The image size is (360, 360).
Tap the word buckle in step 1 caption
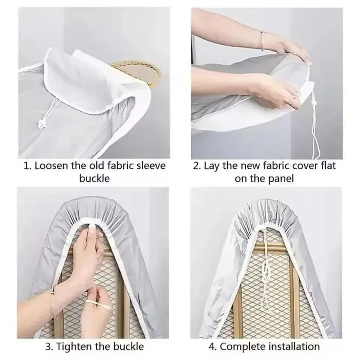[x=94, y=178]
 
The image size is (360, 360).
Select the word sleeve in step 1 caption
[x=151, y=166]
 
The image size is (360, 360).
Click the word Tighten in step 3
[x=74, y=346]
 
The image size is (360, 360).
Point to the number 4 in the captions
[x=211, y=346]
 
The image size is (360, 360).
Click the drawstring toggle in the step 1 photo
[x=41, y=124]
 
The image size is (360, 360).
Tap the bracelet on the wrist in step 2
[x=262, y=40]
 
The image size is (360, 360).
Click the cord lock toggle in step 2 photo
[x=314, y=100]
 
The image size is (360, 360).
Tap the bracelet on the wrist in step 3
[x=54, y=298]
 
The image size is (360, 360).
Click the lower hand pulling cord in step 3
[x=101, y=303]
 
